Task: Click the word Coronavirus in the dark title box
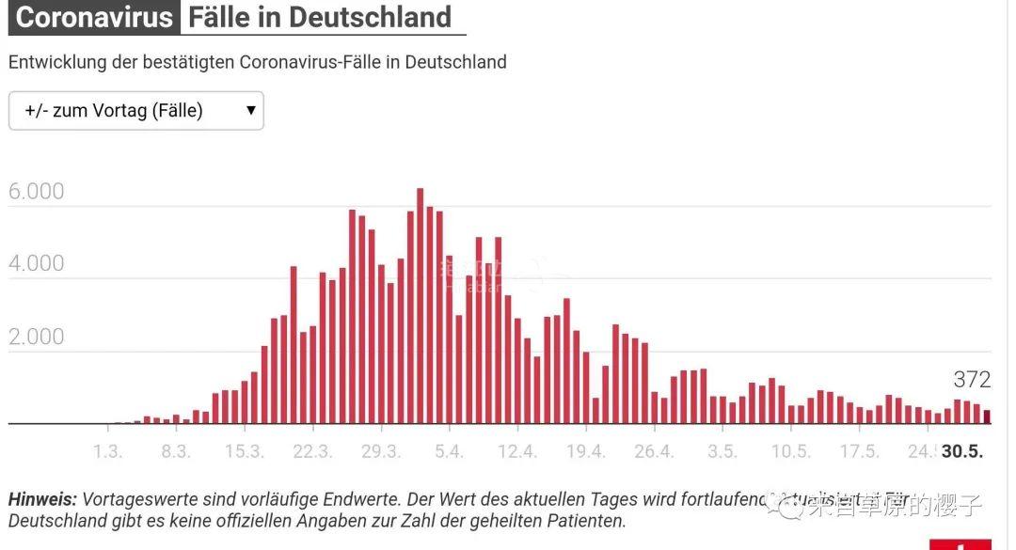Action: [x=95, y=17]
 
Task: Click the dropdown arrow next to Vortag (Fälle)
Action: [x=251, y=110]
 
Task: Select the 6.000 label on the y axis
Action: [x=36, y=192]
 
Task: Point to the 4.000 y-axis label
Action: [x=36, y=263]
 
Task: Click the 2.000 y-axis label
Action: [x=36, y=337]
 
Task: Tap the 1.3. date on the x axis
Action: [x=107, y=451]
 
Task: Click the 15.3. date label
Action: [x=244, y=451]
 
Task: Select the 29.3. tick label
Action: [x=381, y=451]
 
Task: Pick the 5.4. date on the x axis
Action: [x=449, y=451]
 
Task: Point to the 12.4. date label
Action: [x=517, y=451]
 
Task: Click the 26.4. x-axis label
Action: [x=654, y=451]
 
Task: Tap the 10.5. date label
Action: [x=790, y=451]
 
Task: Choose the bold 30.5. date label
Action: [x=962, y=451]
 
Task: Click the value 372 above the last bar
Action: [x=972, y=380]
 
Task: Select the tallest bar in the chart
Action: [x=421, y=306]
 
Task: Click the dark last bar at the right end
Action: [x=987, y=416]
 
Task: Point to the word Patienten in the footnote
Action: [x=585, y=520]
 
